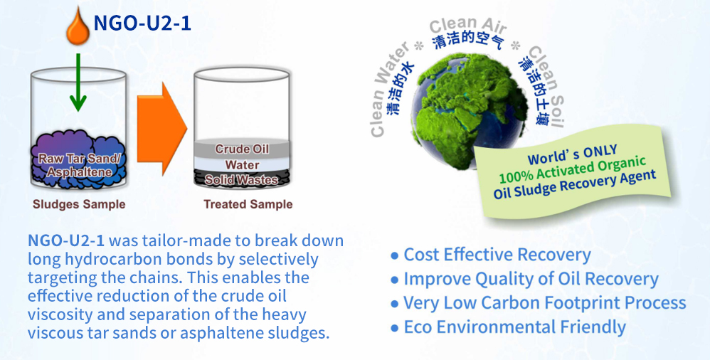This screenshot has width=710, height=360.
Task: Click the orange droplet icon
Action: pos(78,28)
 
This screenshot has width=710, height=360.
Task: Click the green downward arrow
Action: pos(78,82)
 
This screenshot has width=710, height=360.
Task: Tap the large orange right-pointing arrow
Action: pos(161,128)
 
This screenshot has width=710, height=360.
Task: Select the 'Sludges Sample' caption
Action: pos(79,204)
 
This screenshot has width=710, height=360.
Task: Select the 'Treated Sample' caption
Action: pos(248,204)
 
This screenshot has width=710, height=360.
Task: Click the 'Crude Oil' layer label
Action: pos(242,149)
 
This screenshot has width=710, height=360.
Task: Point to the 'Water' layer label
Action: pos(243,165)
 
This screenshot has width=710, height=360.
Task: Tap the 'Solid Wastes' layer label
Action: pos(241,180)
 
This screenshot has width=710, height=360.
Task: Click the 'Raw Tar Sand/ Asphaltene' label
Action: pos(79,165)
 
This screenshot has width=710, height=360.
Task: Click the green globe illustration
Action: pos(469,110)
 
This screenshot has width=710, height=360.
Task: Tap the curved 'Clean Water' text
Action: pos(388,88)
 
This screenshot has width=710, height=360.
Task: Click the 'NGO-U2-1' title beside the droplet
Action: pos(142,23)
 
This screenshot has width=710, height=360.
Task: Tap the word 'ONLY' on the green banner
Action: pos(600,152)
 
